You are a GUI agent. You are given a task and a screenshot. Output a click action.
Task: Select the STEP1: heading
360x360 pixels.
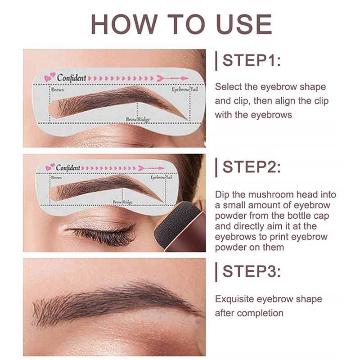click(x=252, y=61)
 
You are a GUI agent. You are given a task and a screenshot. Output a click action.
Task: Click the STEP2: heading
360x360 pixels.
click(x=252, y=167)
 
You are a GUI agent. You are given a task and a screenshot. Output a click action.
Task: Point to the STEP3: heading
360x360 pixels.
click(x=252, y=271)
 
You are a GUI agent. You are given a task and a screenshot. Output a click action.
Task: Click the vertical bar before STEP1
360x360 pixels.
click(x=216, y=61)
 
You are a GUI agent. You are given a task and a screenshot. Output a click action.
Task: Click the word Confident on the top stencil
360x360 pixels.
click(x=71, y=78)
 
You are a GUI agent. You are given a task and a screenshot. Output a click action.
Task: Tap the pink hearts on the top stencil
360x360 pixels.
click(x=49, y=78)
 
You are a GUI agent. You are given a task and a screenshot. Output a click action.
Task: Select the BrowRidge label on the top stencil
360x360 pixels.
click(x=138, y=120)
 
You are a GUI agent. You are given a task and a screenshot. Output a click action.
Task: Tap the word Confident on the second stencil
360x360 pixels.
click(x=68, y=167)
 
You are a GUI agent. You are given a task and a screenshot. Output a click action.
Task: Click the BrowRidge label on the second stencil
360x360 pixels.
click(x=122, y=202)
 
